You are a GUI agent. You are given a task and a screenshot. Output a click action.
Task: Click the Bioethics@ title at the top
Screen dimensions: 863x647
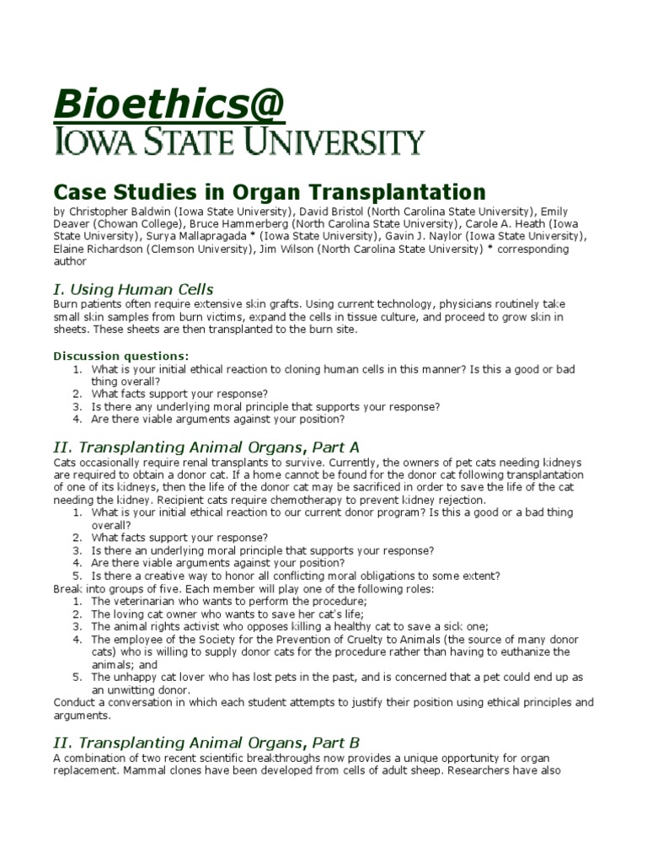[169, 105]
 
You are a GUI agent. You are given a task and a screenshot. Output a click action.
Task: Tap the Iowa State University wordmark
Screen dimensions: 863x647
[240, 143]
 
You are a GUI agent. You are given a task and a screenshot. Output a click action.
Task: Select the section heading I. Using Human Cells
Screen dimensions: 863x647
[133, 289]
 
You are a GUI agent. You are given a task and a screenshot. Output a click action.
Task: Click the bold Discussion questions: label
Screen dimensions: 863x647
[121, 356]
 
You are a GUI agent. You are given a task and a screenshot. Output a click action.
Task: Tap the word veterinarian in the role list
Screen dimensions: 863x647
[146, 601]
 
